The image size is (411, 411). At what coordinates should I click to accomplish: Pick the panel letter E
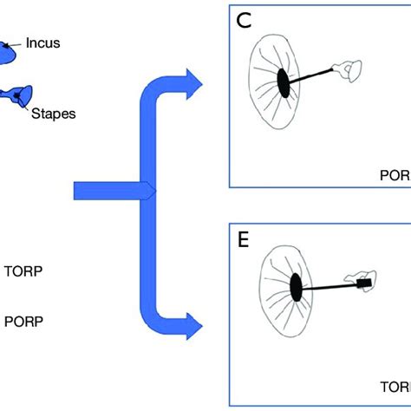coord(245,239)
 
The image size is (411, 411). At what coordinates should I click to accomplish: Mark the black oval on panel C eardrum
coord(284,82)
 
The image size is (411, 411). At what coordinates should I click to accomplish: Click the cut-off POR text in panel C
coord(395,172)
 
